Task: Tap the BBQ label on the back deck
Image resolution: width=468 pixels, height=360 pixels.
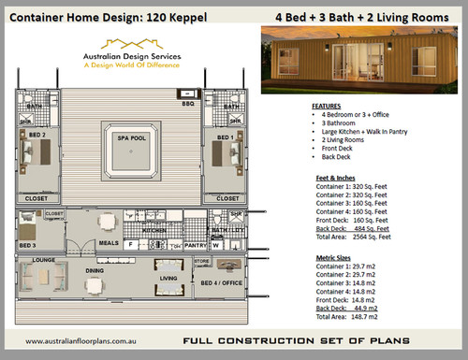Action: click(189, 104)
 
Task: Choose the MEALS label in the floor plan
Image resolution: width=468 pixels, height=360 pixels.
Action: click(109, 241)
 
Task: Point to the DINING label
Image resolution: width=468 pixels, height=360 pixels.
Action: click(95, 271)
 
